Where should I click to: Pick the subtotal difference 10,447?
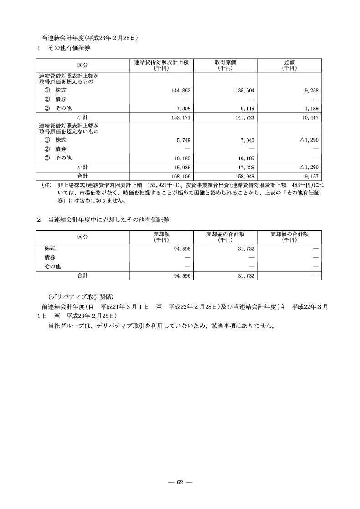pos(309,117)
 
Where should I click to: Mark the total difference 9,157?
pos(310,176)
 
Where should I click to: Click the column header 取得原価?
pos(225,62)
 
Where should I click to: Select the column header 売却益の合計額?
pos(225,234)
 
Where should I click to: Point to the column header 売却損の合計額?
pos(289,234)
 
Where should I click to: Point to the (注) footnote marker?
pos(46,185)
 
